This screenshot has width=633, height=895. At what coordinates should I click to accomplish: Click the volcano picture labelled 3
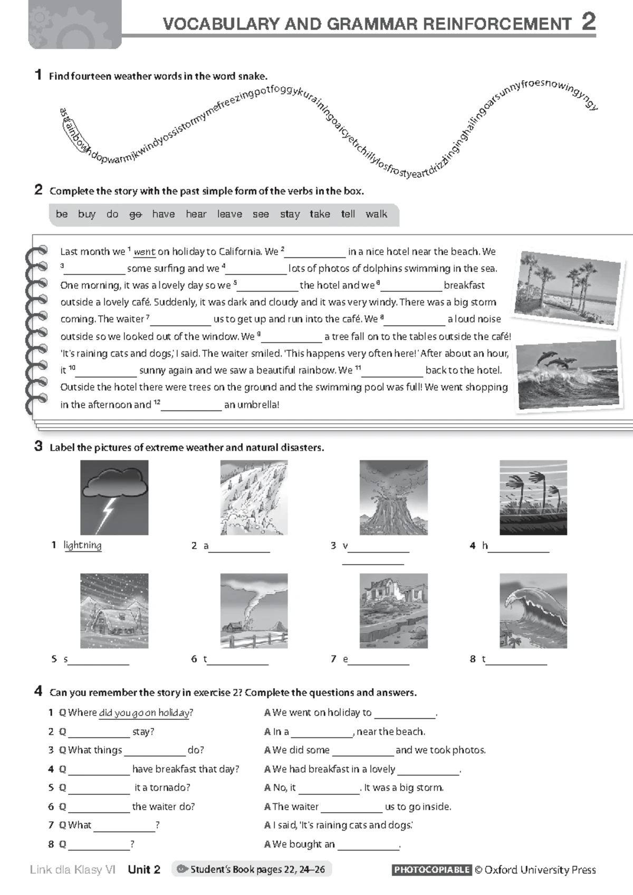pos(394,498)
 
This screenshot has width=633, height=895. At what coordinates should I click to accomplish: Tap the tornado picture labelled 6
pos(254,611)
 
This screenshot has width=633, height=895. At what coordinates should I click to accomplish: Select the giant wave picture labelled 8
pos(533,611)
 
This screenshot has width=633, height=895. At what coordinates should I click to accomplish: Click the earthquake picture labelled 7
pos(394,611)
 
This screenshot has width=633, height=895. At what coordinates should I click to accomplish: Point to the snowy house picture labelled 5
pos(114,611)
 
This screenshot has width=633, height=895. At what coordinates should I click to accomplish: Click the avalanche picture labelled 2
pos(254,498)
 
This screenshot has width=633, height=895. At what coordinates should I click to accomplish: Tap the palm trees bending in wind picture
pos(533,498)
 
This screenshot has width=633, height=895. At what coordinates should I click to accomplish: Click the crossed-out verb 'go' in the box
pos(136,214)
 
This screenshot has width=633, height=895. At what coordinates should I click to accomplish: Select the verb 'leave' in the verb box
pos(229,214)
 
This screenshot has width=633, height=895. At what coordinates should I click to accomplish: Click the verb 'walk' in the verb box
pos(376,214)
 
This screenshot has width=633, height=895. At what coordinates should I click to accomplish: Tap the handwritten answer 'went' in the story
pos(144,252)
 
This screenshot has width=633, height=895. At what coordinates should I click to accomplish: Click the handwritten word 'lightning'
pos(82,545)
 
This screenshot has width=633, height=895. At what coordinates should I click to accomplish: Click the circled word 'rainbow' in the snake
pos(75,136)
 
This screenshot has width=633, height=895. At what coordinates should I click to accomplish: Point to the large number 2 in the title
pos(588,22)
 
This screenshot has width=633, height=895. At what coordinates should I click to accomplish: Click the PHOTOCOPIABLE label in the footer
pos(431,870)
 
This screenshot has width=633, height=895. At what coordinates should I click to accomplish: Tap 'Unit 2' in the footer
pos(144,870)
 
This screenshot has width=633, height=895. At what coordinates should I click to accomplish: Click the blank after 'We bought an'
pos(368,844)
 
